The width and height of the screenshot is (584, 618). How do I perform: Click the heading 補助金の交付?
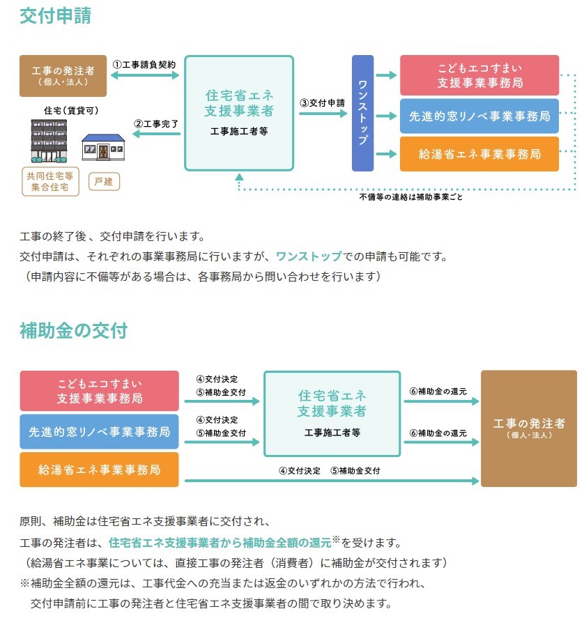73,330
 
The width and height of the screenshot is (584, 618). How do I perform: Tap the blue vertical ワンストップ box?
362,113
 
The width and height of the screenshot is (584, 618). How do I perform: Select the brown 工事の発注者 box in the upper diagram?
63,75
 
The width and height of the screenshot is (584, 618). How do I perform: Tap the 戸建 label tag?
104,182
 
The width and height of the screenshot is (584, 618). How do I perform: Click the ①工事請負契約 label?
144,63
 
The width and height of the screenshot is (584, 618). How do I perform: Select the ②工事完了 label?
156,124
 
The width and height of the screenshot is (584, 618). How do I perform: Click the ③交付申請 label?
322,102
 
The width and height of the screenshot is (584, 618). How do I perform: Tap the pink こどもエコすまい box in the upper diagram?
479,75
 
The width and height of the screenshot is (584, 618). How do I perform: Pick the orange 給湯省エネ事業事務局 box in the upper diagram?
479,154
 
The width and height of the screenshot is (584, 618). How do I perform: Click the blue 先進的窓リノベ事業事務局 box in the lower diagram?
99,431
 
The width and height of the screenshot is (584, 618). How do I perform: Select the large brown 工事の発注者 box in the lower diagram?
529,428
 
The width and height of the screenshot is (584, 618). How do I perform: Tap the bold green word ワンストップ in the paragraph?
309,256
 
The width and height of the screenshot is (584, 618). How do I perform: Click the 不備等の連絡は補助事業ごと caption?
410,196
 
